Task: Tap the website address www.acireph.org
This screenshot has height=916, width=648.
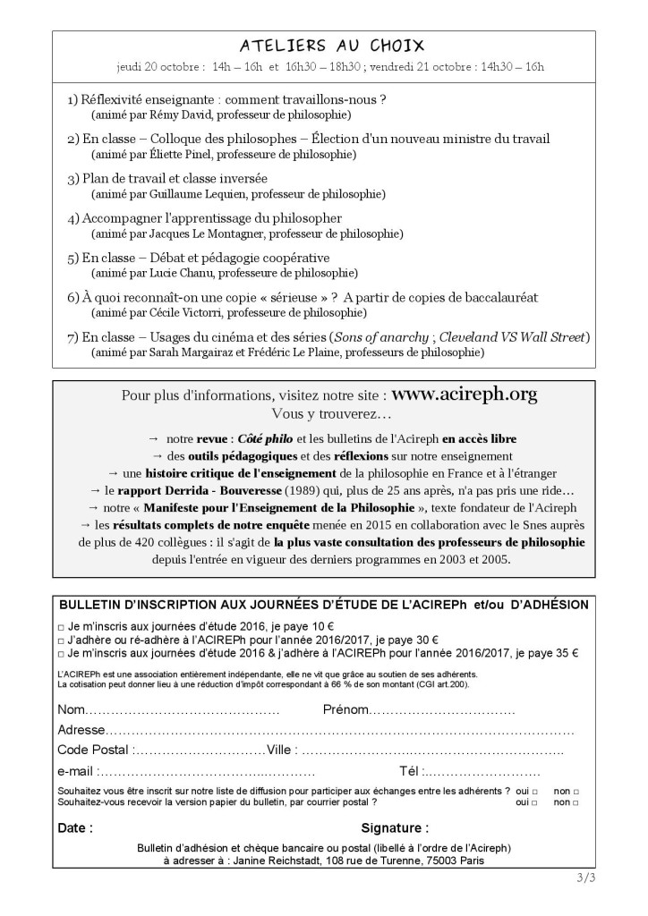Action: coord(465,394)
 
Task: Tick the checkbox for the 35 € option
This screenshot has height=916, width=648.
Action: coord(61,654)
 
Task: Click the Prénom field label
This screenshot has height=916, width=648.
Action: coord(345,709)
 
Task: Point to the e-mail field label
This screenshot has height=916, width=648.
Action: coord(76,771)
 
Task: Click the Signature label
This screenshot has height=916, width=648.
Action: coord(395,827)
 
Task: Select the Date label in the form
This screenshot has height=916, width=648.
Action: coord(75,827)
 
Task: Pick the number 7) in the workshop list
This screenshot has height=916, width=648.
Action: coord(73,336)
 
